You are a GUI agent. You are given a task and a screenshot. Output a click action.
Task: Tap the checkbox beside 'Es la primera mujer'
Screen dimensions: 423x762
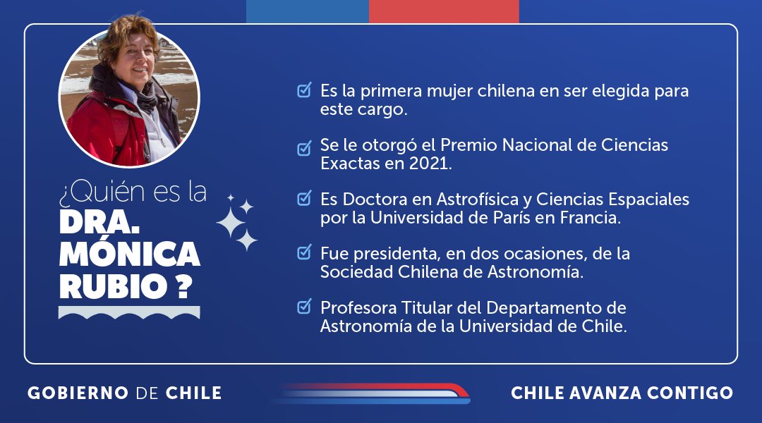coord(304,90)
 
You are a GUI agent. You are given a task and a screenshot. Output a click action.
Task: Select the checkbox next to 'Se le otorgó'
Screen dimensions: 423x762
coord(304,147)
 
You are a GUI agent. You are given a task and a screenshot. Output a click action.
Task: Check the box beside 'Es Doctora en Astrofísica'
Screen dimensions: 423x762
coord(304,199)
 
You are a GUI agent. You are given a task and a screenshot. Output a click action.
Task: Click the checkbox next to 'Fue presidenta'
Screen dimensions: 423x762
coord(304,252)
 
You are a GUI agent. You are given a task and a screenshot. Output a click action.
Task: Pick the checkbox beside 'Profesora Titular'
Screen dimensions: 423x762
coord(304,307)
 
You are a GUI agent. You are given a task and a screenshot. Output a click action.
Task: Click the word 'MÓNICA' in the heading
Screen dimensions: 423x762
coord(130,254)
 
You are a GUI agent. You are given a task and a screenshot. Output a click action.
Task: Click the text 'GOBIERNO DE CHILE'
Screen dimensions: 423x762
coord(125,393)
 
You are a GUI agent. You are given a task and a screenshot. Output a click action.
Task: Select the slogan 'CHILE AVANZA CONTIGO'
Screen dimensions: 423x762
coord(622,393)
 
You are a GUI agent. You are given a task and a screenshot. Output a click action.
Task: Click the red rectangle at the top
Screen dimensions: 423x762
coord(444,11)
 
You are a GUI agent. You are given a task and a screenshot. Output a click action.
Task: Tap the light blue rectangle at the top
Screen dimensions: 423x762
coord(307,11)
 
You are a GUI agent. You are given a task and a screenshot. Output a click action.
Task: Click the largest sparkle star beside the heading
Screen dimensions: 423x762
coord(230,223)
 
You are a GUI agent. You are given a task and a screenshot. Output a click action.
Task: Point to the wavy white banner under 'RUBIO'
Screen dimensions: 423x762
coord(129,312)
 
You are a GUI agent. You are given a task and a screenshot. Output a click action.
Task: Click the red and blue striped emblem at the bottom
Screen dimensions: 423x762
coord(370,393)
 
